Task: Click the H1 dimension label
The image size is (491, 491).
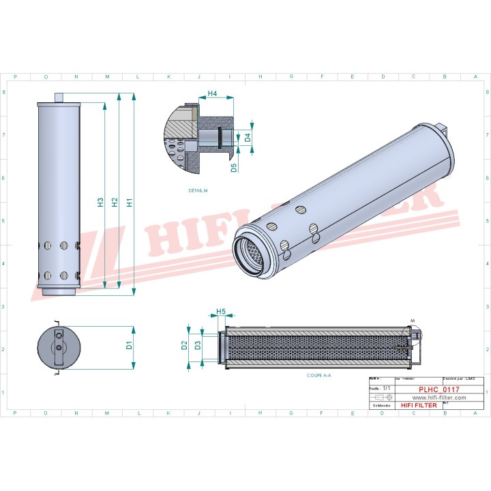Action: pos(130,202)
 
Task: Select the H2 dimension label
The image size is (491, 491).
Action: pos(115,202)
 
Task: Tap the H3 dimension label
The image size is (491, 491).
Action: pos(100,202)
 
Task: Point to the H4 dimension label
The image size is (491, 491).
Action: pos(212,93)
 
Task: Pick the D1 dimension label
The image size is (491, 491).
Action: pos(130,346)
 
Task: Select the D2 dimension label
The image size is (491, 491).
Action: pos(184,346)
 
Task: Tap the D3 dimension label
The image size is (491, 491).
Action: pos(198,346)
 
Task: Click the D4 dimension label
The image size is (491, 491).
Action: pos(248,137)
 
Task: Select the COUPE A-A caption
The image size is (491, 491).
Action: pos(320,375)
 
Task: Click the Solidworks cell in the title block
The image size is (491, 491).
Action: pos(381,405)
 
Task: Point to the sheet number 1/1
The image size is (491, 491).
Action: pos(387,387)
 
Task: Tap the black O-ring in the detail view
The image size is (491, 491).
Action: pos(220,137)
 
